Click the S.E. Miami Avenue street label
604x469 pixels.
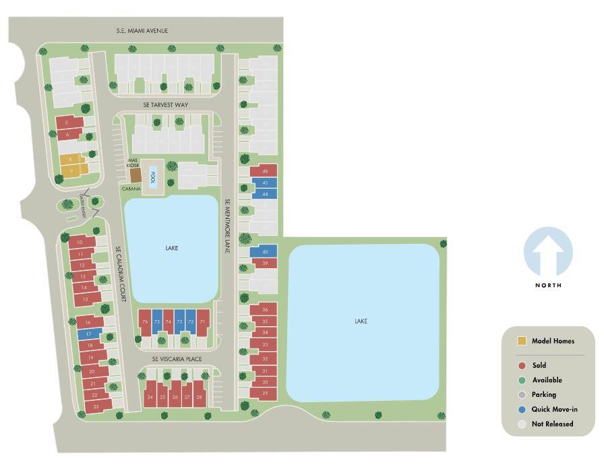pos(141,31)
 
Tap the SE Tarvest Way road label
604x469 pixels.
pos(165,105)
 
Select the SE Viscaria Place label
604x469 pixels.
pos(177,359)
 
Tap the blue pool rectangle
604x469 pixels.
pos(153,177)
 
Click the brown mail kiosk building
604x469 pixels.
pos(136,175)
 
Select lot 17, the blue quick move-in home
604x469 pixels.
pos(88,334)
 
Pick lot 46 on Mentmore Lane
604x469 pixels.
pos(264,171)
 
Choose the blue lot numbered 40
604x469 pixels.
pos(264,251)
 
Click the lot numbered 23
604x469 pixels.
pos(96,406)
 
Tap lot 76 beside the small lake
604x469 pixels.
pos(145,322)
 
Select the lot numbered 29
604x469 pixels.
pos(264,393)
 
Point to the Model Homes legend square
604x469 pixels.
pos(522,341)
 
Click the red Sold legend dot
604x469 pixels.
pos(522,365)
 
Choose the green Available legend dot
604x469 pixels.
pos(522,380)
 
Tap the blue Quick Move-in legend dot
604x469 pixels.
pos(522,409)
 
